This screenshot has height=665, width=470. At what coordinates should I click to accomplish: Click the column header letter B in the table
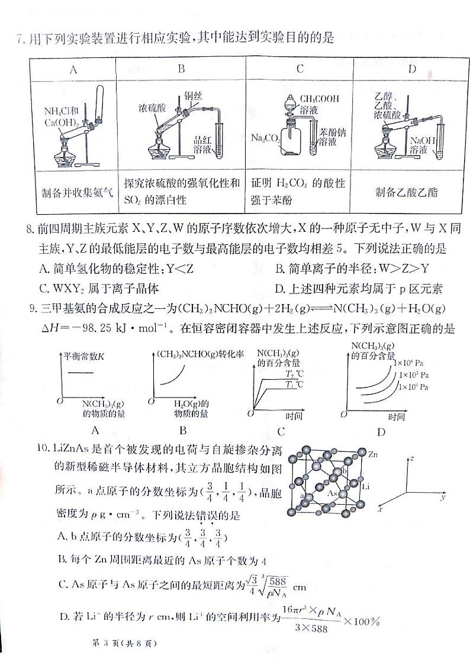click(x=181, y=69)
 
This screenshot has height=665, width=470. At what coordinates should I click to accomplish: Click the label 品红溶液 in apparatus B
click(x=202, y=145)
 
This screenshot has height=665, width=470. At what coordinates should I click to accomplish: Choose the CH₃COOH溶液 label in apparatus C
click(x=319, y=104)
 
